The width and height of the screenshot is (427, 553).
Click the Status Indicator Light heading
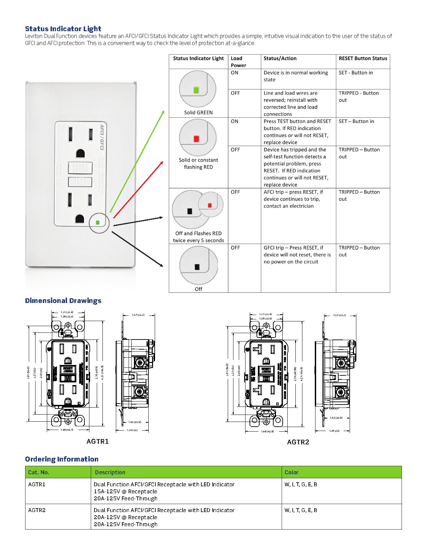[63, 29]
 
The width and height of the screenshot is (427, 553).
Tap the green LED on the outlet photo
[97, 222]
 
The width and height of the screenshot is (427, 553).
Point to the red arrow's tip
[163, 162]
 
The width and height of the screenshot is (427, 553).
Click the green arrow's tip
[164, 111]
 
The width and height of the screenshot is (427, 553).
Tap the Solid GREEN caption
[198, 113]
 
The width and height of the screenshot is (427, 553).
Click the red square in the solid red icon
[196, 138]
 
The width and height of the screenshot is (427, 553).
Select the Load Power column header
[238, 62]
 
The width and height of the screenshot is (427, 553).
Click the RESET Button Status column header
[363, 58]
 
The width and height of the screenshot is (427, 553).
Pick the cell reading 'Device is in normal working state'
[295, 76]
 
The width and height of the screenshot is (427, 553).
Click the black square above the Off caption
[197, 267]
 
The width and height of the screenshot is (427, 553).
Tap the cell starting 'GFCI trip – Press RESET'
[297, 255]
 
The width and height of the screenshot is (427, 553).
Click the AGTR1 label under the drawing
[97, 441]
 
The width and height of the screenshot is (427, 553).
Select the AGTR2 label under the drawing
[298, 442]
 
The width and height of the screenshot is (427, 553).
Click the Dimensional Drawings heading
[63, 301]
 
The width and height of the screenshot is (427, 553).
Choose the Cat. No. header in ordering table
[39, 472]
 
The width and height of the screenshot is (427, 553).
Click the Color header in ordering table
[291, 472]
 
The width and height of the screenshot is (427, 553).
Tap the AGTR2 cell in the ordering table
[37, 510]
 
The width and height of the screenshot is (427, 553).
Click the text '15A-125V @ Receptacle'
[125, 491]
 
